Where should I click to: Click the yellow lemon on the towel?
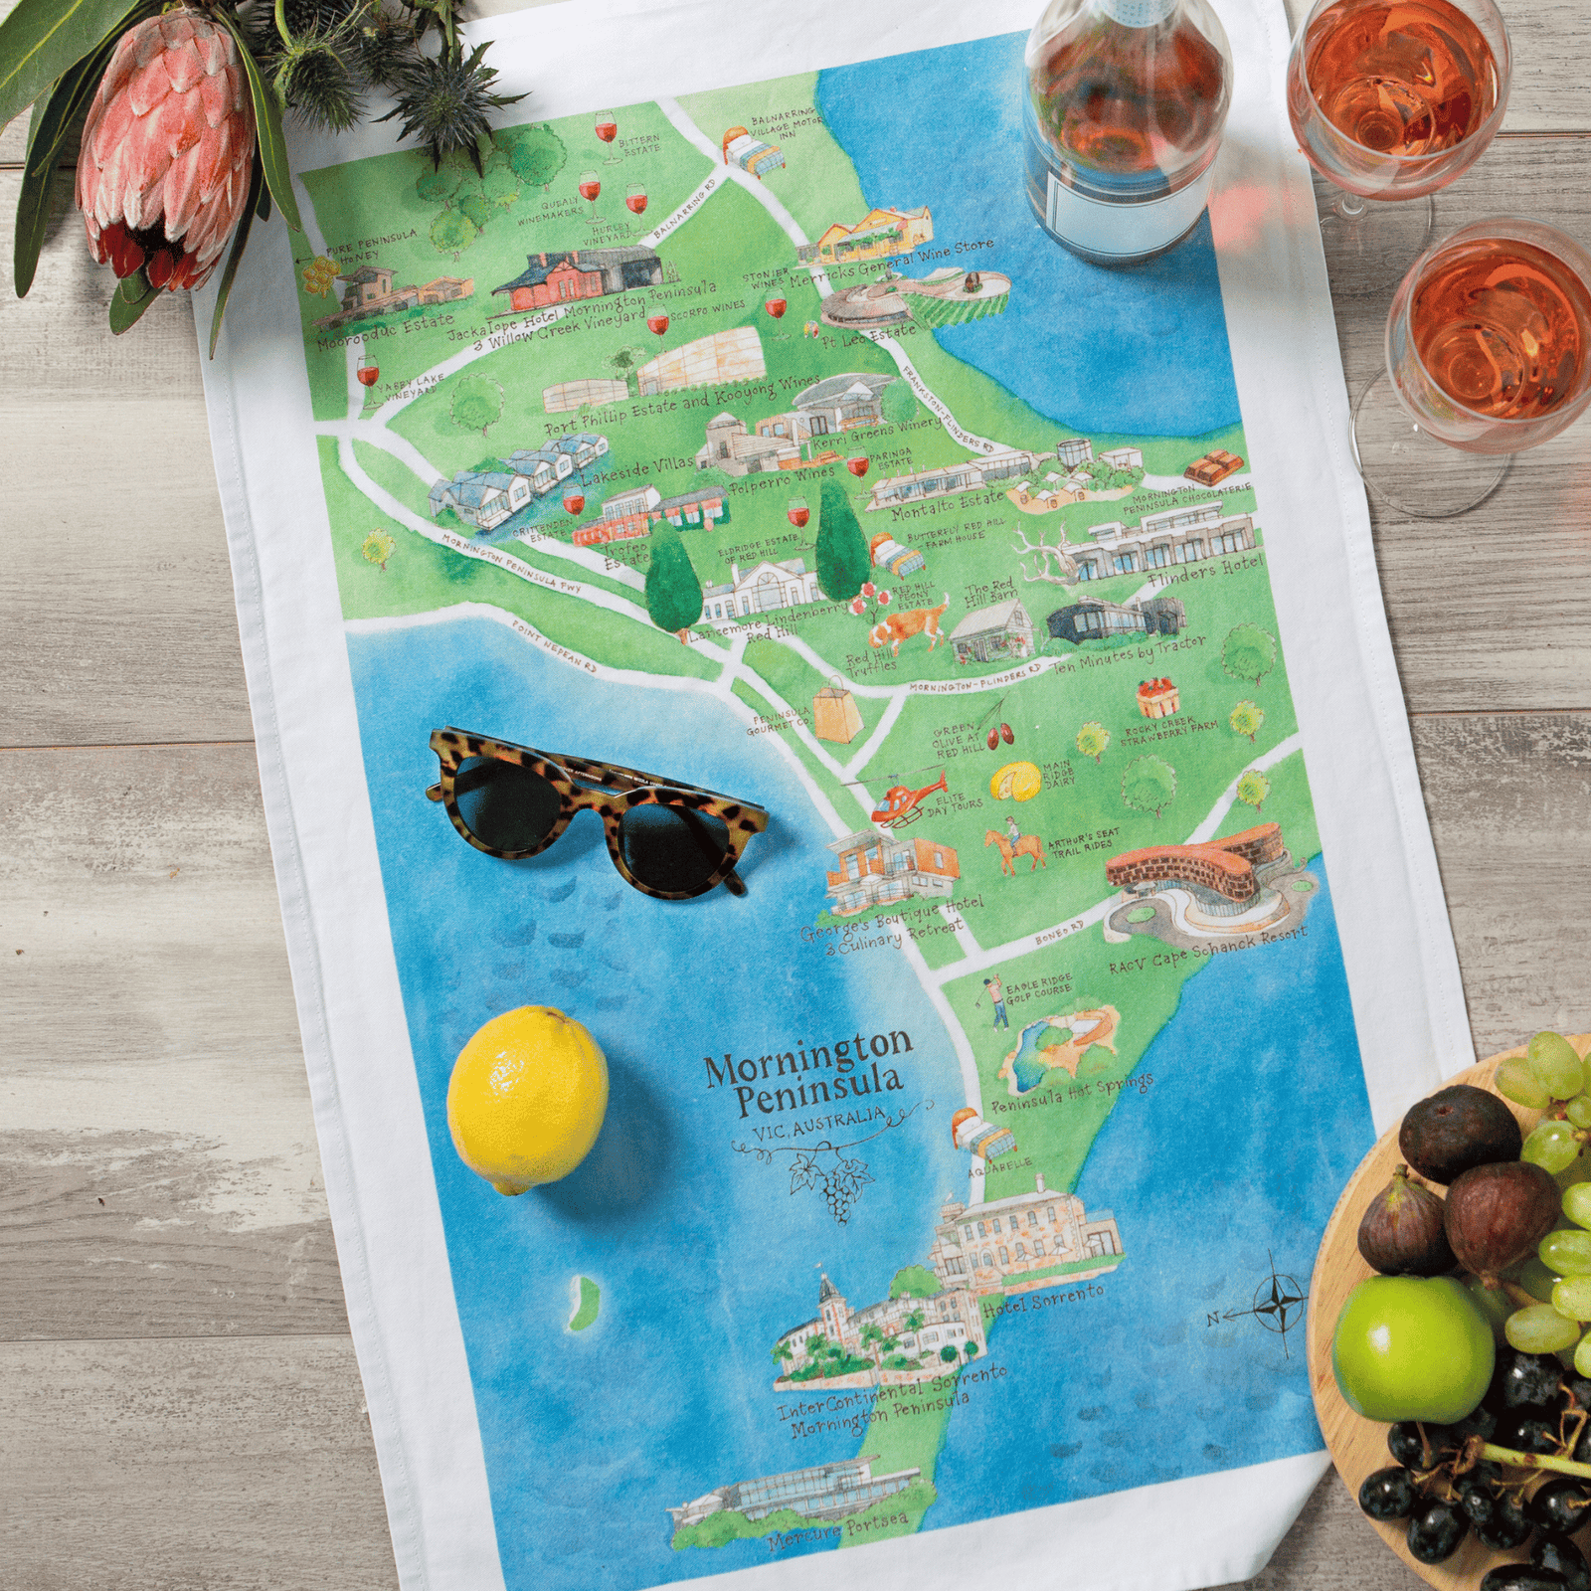click(527, 1099)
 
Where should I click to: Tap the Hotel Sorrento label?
click(1042, 1302)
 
